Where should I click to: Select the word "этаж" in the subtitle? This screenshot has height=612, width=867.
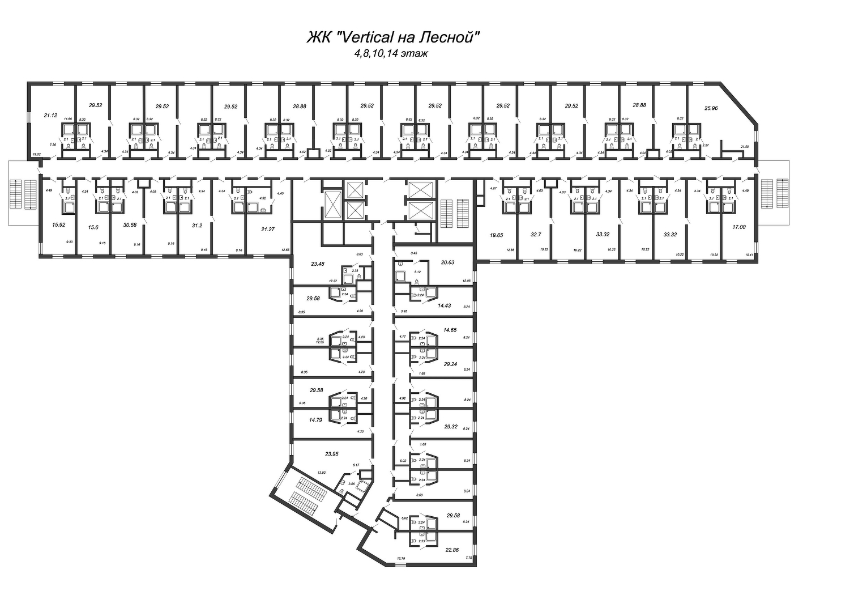point(415,54)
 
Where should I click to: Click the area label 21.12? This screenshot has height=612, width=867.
point(51,115)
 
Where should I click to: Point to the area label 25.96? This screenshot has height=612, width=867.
point(711,108)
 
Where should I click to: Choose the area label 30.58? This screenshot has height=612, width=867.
point(130,224)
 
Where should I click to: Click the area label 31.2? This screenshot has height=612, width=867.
point(197,224)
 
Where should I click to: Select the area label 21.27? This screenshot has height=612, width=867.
point(264,229)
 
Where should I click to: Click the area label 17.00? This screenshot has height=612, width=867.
point(739,227)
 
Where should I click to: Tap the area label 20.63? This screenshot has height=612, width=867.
point(448,262)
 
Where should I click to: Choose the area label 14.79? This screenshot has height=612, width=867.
point(316,420)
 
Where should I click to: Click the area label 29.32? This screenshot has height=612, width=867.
point(451,426)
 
